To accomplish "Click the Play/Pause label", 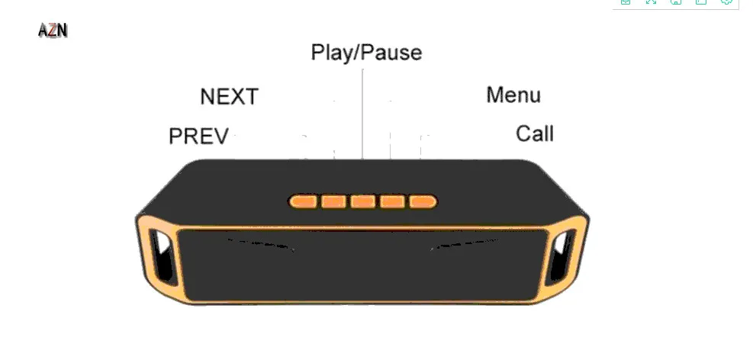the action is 366,53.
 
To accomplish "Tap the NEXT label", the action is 229,96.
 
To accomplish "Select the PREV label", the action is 199,137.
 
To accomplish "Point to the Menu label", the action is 513,95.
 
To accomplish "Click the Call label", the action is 535,133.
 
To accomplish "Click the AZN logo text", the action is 53,31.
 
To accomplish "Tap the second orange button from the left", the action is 333,201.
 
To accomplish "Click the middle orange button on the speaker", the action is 362,201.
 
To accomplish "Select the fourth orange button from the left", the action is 392,201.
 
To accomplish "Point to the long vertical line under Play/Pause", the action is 362,114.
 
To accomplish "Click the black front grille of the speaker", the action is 364,266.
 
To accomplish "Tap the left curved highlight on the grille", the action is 261,244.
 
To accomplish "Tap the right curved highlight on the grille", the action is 465,244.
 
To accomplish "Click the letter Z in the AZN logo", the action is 53,31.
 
